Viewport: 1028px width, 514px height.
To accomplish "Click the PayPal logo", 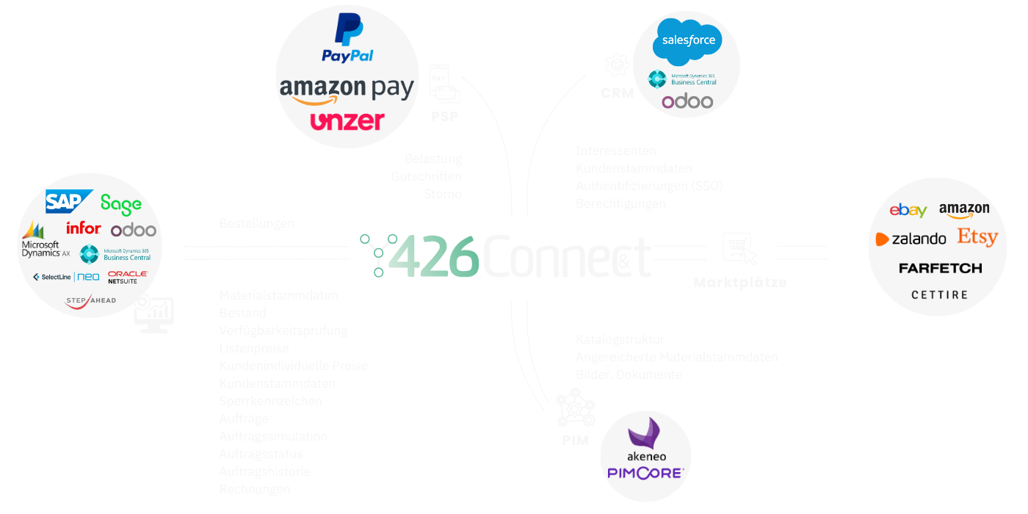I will [347, 40].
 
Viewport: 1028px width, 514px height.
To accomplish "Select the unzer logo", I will [347, 121].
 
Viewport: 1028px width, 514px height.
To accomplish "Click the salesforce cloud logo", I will [688, 41].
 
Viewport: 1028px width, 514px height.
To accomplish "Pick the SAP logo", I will [68, 202].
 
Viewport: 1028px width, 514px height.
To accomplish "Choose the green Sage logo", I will [121, 203].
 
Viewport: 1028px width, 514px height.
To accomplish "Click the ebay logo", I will [908, 211].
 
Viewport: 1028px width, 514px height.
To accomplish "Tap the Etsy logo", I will [977, 237].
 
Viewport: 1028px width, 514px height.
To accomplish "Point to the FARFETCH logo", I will [940, 269].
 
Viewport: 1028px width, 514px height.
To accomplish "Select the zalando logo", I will [911, 239].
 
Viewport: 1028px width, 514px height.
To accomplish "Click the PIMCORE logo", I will [645, 474].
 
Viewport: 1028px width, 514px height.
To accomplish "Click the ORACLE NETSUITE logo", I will [127, 277].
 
